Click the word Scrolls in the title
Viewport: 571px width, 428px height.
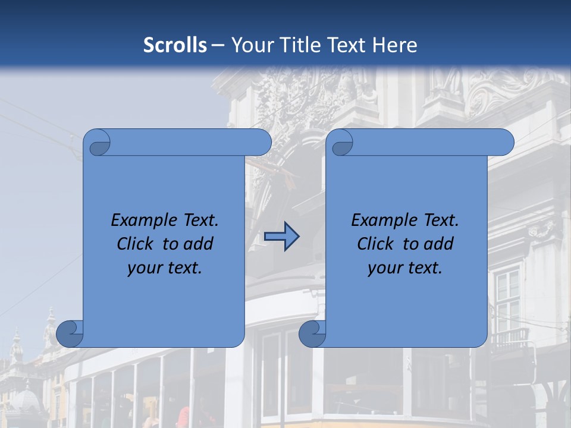[x=175, y=45]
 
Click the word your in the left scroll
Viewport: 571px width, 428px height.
[x=143, y=269]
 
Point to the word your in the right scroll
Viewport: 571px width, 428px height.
[x=384, y=269]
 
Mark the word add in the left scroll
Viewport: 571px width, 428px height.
[x=199, y=244]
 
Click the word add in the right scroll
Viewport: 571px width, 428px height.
[x=439, y=244]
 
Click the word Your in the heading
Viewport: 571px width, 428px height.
[x=249, y=45]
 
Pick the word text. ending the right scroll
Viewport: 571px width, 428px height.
[x=423, y=268]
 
